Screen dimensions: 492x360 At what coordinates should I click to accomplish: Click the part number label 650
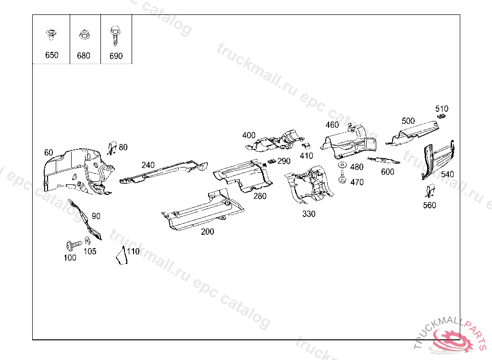click(x=51, y=55)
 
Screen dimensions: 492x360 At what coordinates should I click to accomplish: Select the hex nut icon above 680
click(x=83, y=35)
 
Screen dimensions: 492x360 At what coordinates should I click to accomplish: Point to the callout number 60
click(x=49, y=153)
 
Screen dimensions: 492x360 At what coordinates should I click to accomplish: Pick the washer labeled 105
click(x=87, y=241)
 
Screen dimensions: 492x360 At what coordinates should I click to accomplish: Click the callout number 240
click(x=148, y=165)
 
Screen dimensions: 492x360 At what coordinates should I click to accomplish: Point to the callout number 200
click(x=208, y=231)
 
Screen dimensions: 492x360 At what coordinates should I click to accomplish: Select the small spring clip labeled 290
click(x=271, y=161)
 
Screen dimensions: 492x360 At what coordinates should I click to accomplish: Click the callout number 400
click(x=249, y=135)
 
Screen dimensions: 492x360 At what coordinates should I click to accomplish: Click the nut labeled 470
click(x=343, y=180)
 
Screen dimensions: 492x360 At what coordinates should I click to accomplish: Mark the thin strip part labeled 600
click(x=383, y=161)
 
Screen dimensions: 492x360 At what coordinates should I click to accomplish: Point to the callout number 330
click(x=309, y=214)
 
